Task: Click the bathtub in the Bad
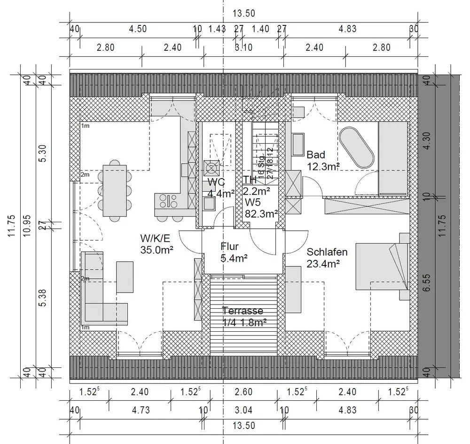(357, 147)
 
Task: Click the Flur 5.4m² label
(231, 251)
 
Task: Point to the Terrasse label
(243, 311)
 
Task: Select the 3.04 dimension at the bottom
(243, 410)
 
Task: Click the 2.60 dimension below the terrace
(243, 392)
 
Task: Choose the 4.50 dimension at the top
(138, 29)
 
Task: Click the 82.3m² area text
(261, 213)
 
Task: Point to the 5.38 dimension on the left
(43, 298)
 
